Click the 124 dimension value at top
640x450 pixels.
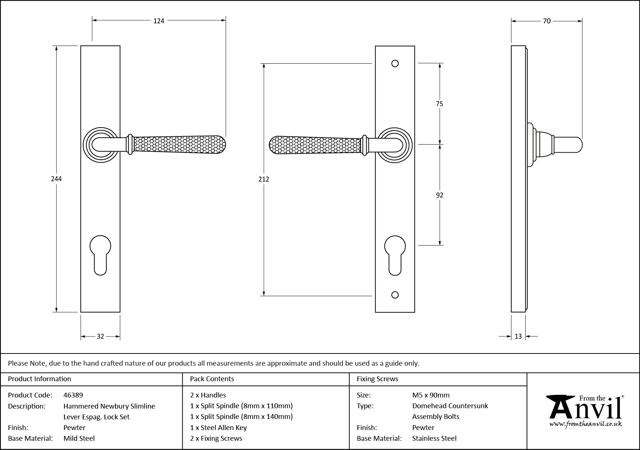pyautogui.click(x=159, y=21)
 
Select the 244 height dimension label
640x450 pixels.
pyautogui.click(x=56, y=179)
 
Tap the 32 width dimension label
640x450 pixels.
pyautogui.click(x=100, y=336)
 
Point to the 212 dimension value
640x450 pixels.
pyautogui.click(x=264, y=179)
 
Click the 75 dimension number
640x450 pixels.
pyautogui.click(x=439, y=104)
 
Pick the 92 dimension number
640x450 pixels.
pyautogui.click(x=439, y=195)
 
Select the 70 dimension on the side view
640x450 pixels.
pyautogui.click(x=546, y=21)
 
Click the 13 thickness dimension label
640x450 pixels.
pyautogui.click(x=518, y=336)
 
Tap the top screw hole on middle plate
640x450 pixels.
pyautogui.click(x=395, y=64)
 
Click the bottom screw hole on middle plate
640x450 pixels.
pyautogui.click(x=395, y=295)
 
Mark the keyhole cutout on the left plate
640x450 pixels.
pyautogui.click(x=100, y=255)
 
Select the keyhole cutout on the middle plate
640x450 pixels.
pyautogui.click(x=395, y=255)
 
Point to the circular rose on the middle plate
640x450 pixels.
pyautogui.click(x=395, y=145)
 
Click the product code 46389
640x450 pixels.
pyautogui.click(x=73, y=395)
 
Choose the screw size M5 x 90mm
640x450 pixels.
pyautogui.click(x=431, y=395)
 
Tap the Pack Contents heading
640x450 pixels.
pyautogui.click(x=212, y=379)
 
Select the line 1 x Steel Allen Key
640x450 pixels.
pyautogui.click(x=218, y=428)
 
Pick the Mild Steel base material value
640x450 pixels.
pyautogui.click(x=79, y=439)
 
